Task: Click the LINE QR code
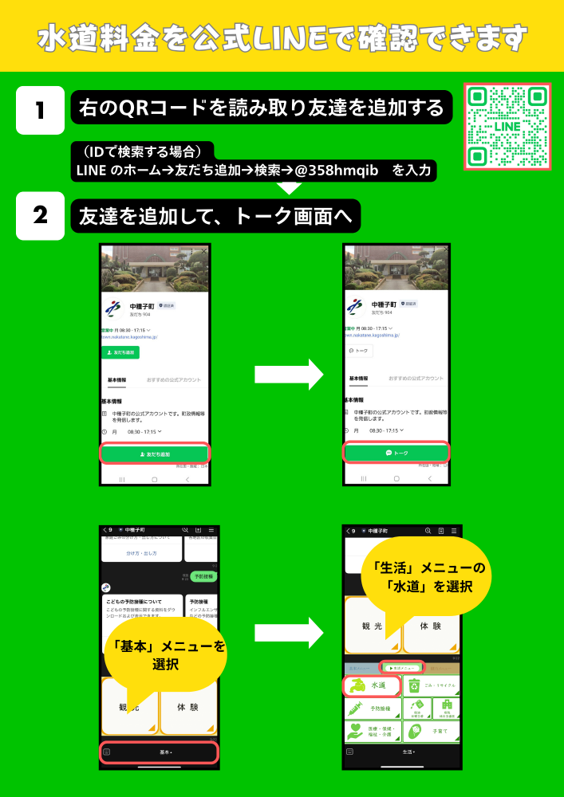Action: coord(507,126)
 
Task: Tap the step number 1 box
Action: coord(40,110)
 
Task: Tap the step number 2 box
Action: coord(40,215)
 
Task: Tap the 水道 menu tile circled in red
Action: coord(372,685)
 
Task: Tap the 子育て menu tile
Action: coord(431,731)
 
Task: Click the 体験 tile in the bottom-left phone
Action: coord(188,706)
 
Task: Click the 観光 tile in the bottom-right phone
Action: coord(372,626)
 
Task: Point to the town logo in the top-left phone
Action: coord(114,308)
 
